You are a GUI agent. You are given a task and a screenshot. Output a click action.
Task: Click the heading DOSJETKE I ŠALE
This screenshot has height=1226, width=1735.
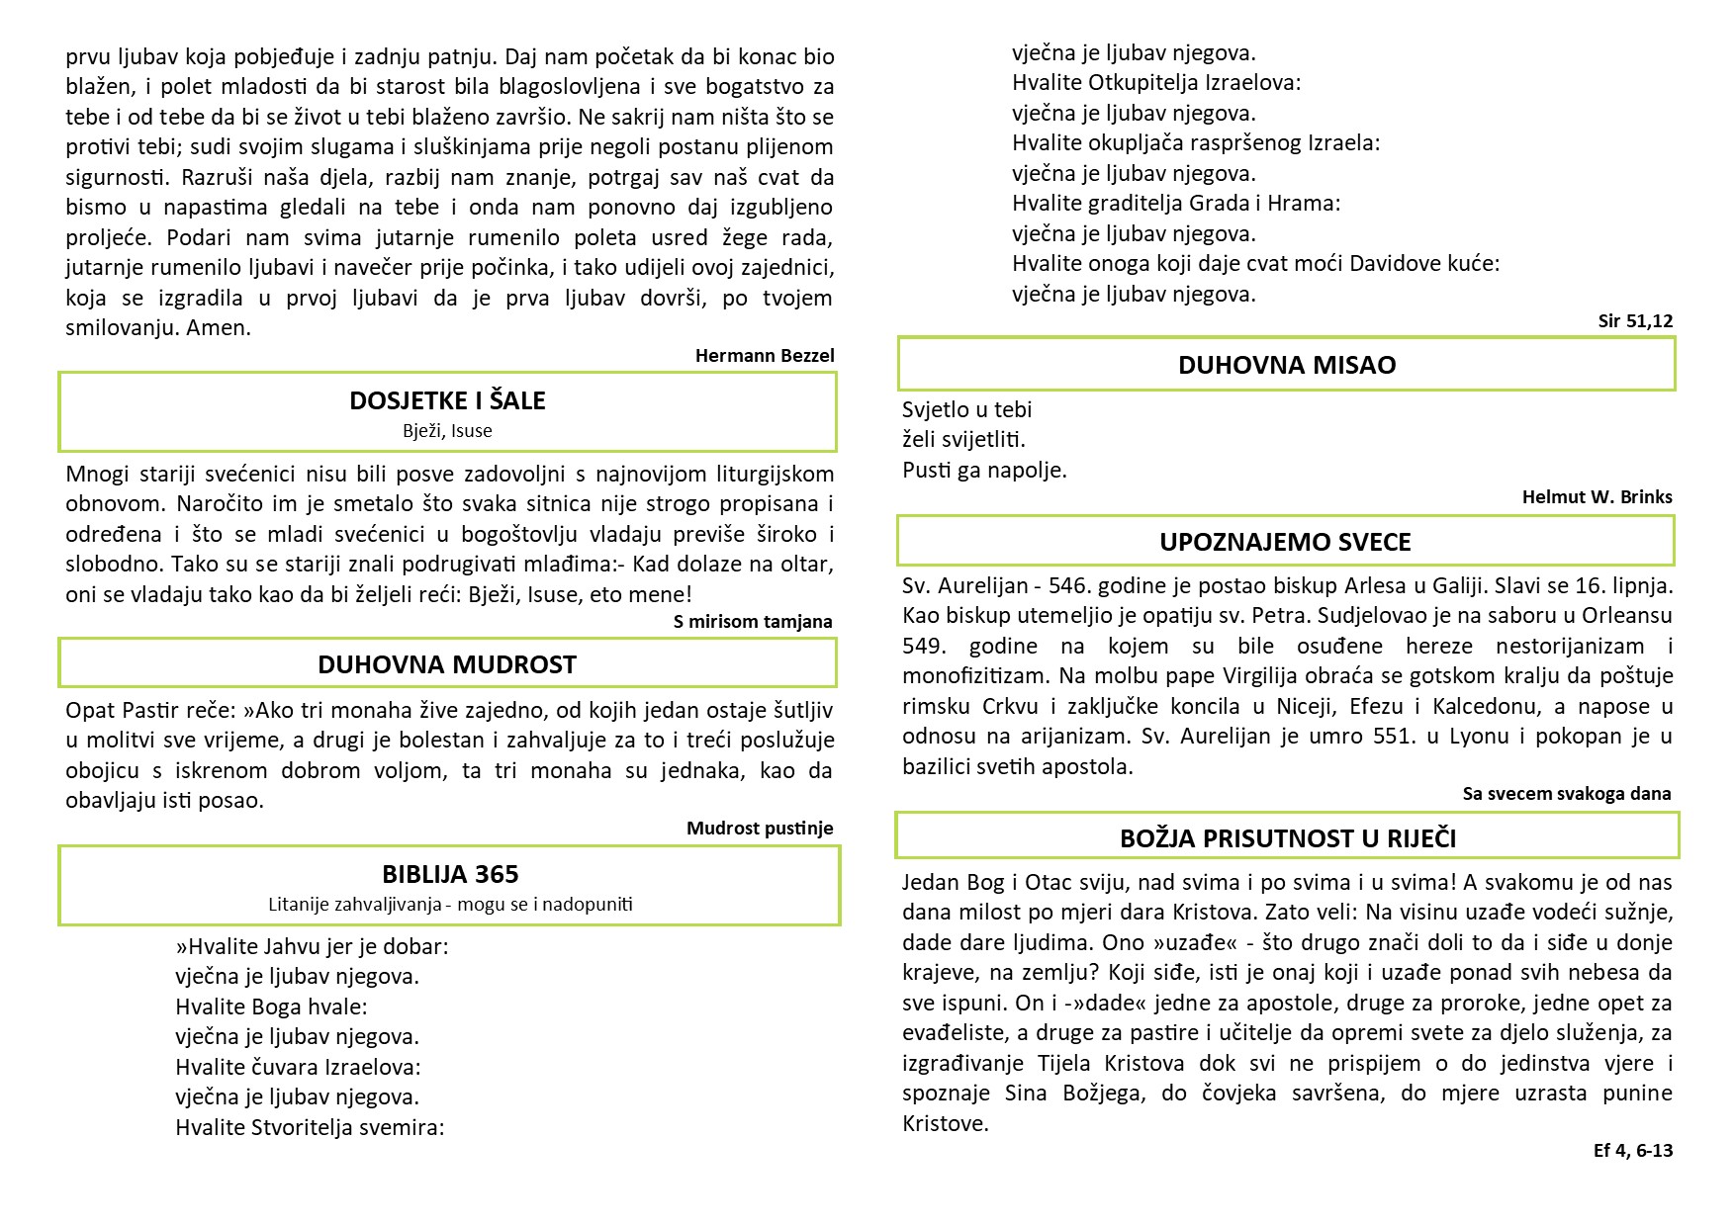447,400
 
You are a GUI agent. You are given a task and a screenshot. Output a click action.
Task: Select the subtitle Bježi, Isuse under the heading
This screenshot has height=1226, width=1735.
447,431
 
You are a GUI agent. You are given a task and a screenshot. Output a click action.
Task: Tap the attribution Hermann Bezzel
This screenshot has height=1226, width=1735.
765,356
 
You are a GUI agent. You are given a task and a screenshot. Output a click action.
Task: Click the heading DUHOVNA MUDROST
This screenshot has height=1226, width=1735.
447,664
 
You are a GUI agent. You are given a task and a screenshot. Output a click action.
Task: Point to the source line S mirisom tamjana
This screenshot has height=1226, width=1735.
753,622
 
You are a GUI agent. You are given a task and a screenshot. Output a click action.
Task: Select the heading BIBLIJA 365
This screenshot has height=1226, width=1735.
450,874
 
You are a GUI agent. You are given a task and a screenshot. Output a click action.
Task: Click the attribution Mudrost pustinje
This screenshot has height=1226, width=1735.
760,829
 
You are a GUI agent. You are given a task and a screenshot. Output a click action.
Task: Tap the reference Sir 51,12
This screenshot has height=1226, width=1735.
1635,321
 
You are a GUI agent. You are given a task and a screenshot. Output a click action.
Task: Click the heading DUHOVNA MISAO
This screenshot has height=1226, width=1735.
1287,365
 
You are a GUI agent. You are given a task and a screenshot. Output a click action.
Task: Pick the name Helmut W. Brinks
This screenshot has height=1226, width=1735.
1597,497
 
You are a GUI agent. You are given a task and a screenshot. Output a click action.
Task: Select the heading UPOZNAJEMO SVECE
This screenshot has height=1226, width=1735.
1285,542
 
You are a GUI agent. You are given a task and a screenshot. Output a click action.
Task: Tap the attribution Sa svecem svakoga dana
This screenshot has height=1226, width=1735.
1567,794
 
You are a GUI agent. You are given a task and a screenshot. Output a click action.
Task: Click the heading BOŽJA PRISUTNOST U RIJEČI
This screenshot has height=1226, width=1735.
1288,838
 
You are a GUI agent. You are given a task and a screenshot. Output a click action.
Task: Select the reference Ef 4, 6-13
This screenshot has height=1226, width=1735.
1633,1151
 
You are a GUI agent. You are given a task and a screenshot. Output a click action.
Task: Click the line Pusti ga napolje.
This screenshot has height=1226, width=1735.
984,471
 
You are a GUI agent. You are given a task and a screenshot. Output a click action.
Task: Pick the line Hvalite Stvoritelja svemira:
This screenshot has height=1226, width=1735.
310,1128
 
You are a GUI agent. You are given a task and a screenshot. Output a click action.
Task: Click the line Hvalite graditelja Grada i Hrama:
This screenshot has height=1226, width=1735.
1176,204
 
